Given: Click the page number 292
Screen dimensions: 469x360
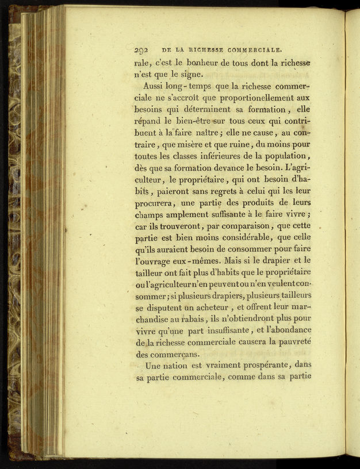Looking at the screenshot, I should tap(140, 50).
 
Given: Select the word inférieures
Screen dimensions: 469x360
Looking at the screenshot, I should tap(206, 156).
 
